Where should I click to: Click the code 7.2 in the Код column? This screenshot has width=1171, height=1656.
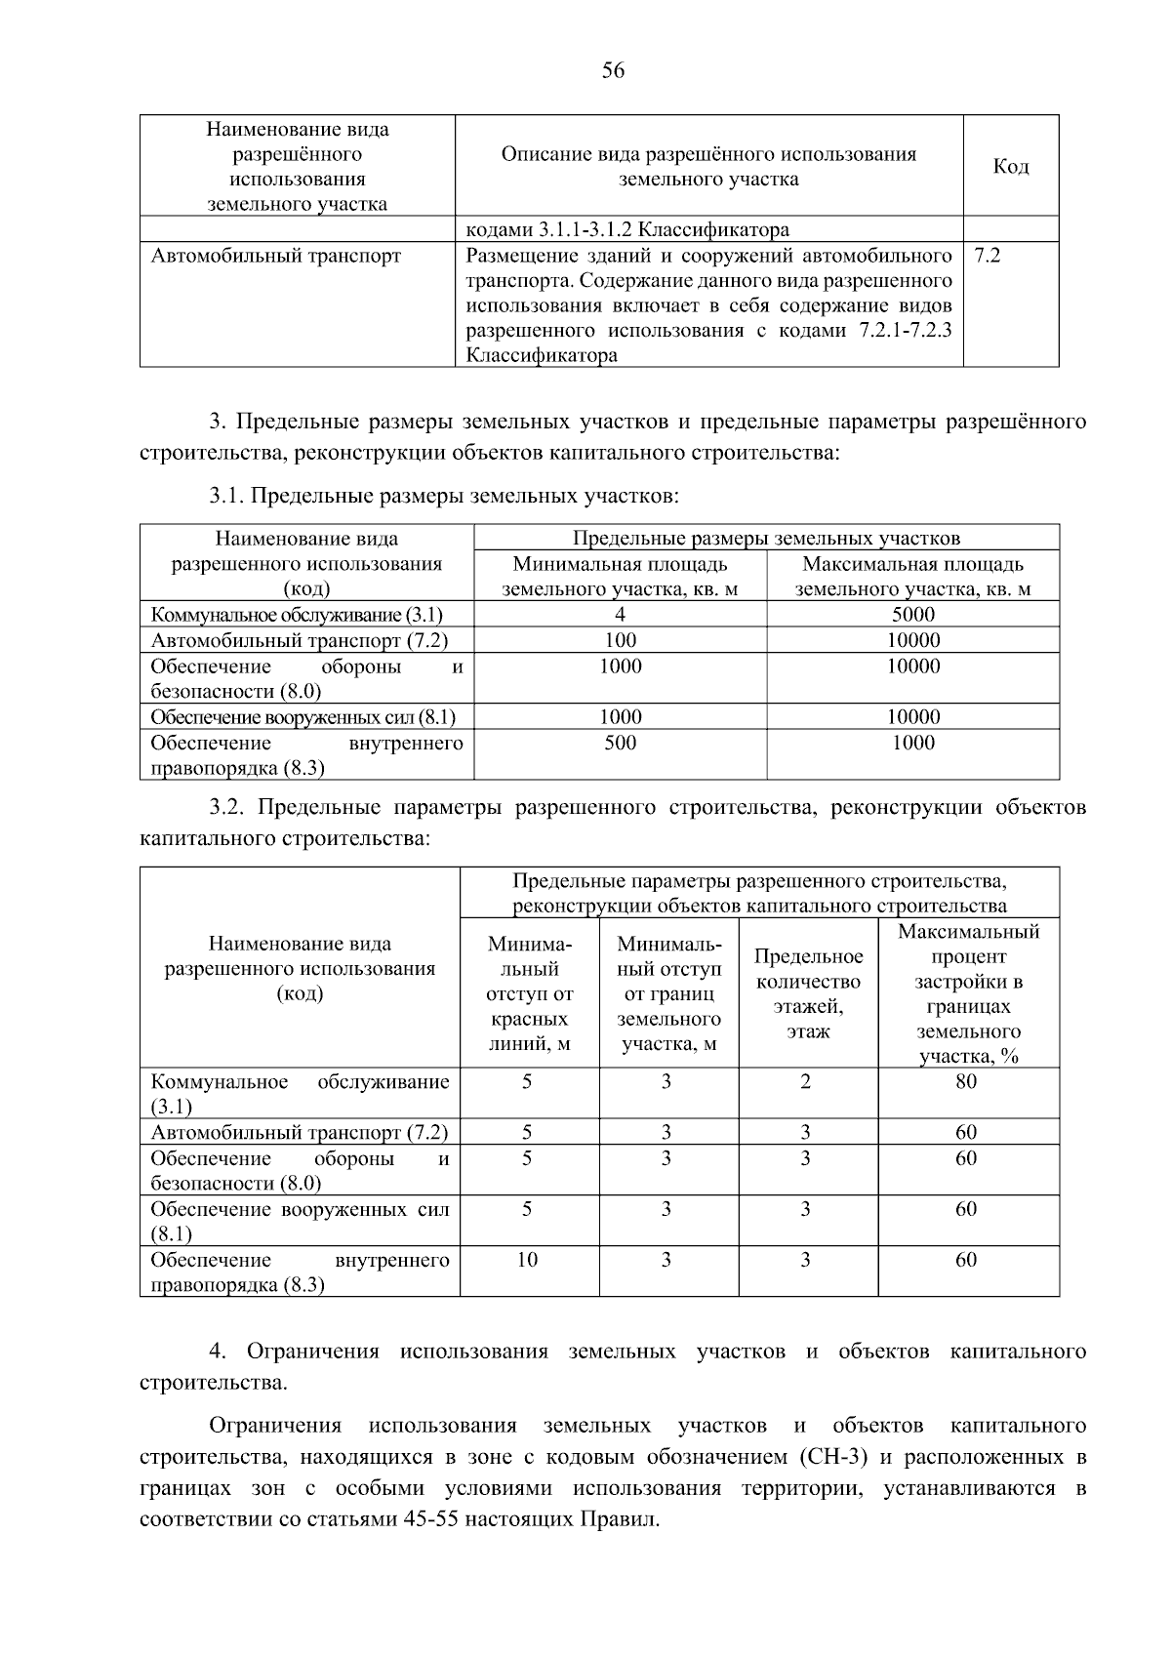(987, 256)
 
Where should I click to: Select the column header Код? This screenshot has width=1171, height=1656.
(1010, 167)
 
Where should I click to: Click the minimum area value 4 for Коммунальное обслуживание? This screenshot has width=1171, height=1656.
(620, 614)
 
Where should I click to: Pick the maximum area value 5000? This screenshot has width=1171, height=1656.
(912, 614)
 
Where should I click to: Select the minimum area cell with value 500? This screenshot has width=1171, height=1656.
(620, 743)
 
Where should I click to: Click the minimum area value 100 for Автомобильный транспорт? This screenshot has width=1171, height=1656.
(620, 640)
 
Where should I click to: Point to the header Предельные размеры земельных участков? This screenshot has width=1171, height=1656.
(766, 538)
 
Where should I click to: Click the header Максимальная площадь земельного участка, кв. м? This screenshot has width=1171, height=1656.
(912, 576)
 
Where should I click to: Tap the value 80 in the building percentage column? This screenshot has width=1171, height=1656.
(966, 1081)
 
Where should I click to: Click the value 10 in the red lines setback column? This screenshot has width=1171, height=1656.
(527, 1260)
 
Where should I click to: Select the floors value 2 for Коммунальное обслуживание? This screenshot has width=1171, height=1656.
(806, 1081)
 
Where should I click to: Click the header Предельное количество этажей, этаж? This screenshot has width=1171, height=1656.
(808, 993)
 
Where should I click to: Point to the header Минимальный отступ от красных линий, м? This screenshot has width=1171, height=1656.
(529, 993)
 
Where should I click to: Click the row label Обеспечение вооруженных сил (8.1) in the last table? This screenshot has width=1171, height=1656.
(299, 1221)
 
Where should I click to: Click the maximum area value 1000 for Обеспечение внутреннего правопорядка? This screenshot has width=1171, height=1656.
(912, 743)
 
